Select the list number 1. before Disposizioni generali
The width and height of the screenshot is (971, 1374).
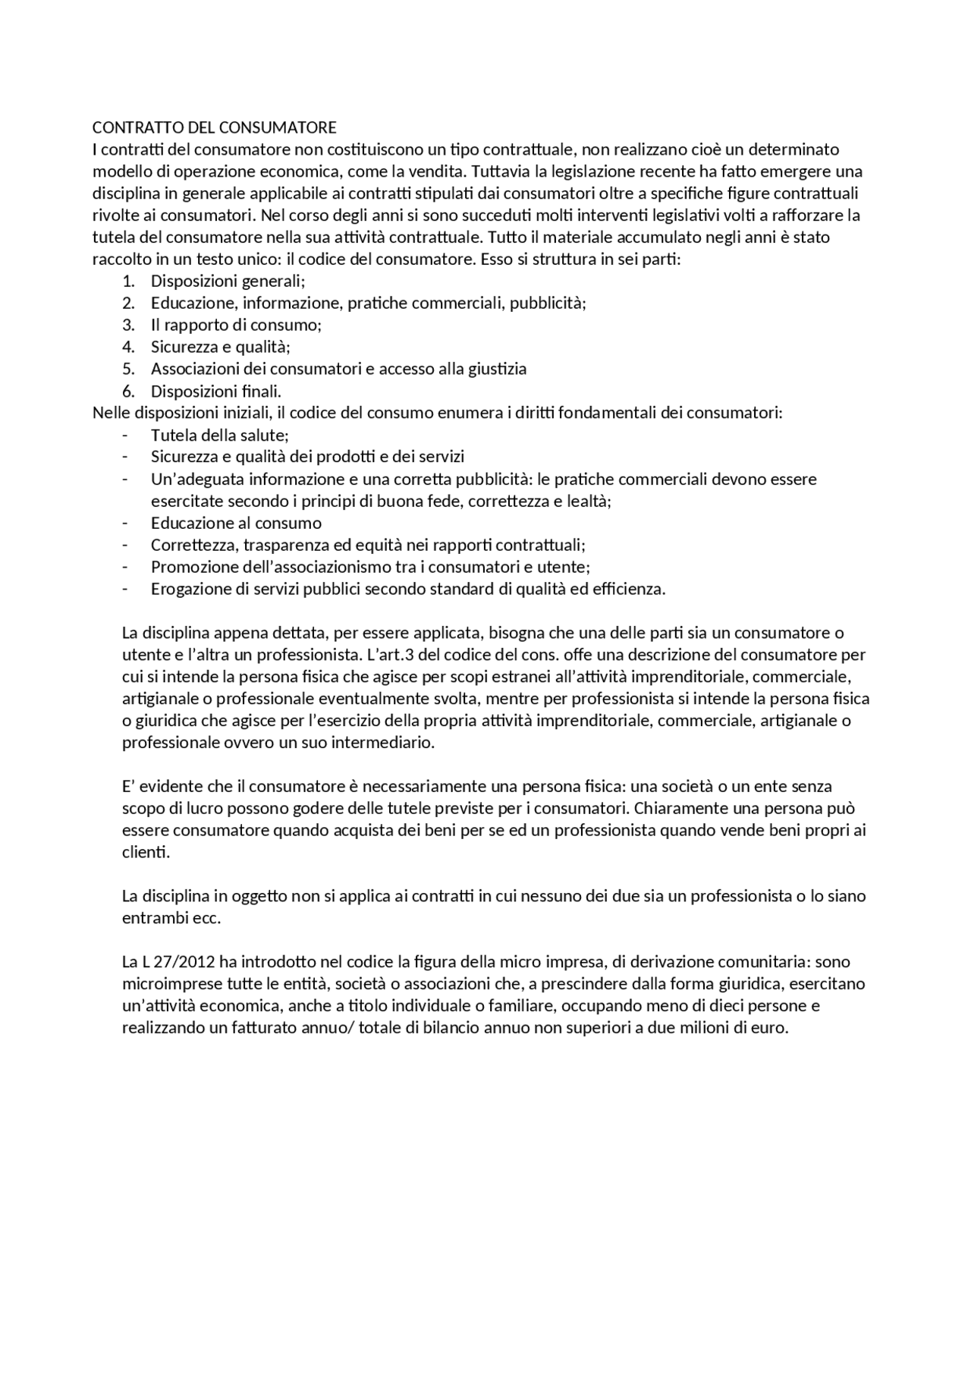coord(128,281)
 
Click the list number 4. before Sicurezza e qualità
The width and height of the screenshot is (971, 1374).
coord(128,347)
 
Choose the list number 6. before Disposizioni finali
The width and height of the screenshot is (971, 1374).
coord(128,391)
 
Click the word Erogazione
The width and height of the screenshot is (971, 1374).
coord(187,590)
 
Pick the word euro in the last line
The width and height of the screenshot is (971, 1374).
coord(771,1029)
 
